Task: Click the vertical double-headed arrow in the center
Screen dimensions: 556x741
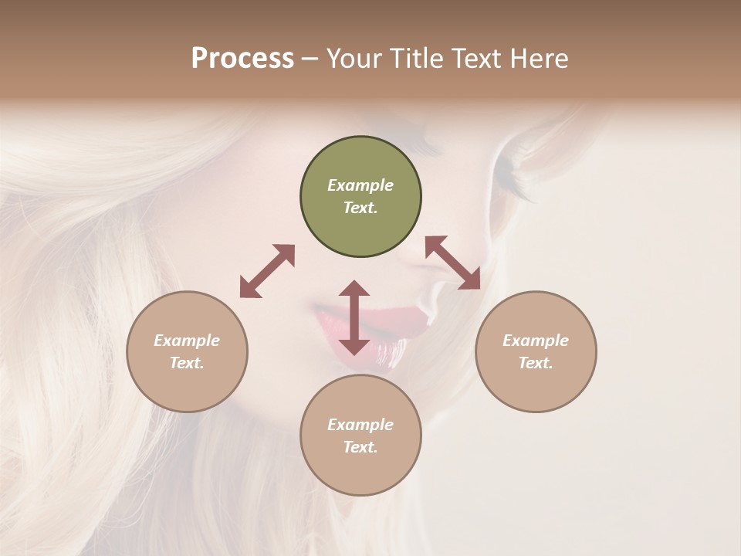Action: point(354,318)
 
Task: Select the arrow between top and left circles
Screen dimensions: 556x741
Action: point(267,271)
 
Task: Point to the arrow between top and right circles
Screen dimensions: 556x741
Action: point(452,263)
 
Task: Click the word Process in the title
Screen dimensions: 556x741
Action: point(242,59)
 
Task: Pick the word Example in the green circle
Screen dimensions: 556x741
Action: point(360,185)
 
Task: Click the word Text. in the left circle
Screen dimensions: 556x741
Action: point(187,363)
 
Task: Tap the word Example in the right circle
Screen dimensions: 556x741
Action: point(536,341)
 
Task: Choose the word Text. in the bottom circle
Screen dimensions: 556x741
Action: point(360,447)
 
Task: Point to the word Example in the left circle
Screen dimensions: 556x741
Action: point(187,341)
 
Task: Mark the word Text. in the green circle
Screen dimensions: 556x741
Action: point(360,208)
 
